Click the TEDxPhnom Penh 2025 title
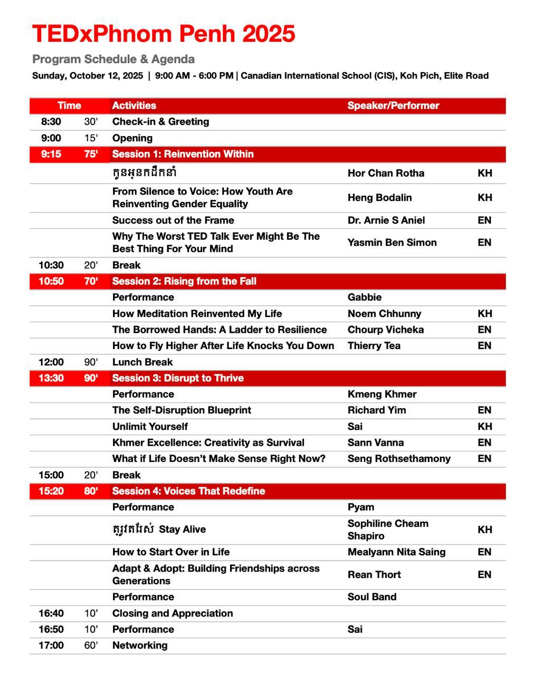tap(164, 34)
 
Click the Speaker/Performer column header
tap(393, 105)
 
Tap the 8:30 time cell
tap(51, 122)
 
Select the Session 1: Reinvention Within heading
tap(183, 154)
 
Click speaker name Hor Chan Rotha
tap(386, 173)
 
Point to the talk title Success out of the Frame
tap(173, 220)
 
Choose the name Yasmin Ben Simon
tap(392, 243)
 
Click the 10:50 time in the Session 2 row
tap(51, 281)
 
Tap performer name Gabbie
tap(364, 297)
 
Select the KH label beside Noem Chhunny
tap(484, 314)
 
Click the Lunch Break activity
tap(142, 362)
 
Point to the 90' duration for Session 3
tap(91, 378)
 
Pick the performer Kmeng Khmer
tap(382, 394)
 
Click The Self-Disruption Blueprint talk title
tap(182, 410)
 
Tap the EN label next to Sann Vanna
tap(484, 443)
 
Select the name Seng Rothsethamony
tap(399, 459)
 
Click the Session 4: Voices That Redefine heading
tap(188, 491)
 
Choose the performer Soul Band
tap(371, 597)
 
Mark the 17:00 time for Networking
tap(51, 645)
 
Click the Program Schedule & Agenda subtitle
tap(113, 59)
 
